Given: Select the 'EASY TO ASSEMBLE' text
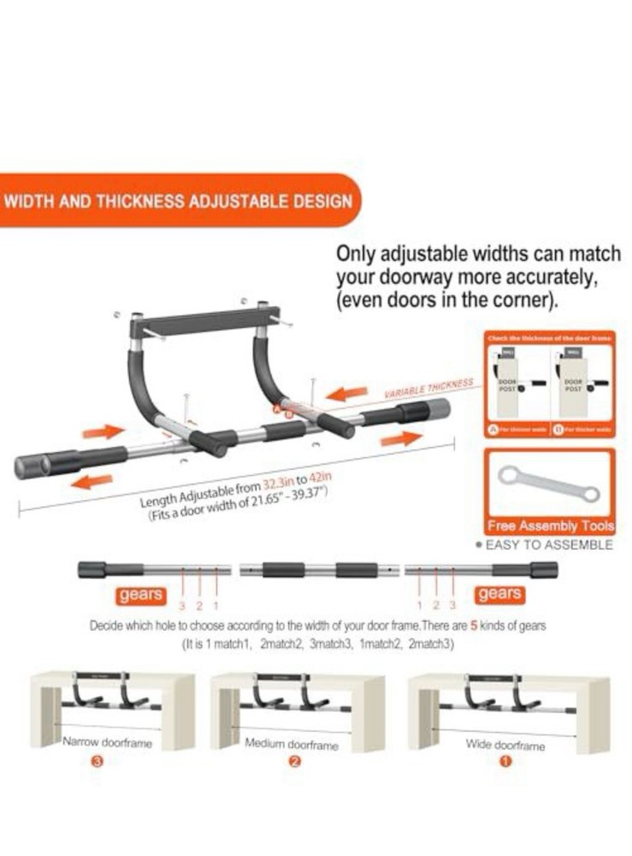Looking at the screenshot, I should click(x=549, y=544).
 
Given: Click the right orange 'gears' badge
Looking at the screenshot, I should click(x=499, y=593).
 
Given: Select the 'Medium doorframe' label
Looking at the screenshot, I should click(x=292, y=745).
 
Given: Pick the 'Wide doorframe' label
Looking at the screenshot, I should click(x=505, y=746).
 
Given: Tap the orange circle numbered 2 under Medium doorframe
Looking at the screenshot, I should click(x=294, y=762).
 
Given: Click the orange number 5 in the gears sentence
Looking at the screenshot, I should click(x=474, y=626).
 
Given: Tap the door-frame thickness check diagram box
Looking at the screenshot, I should click(x=549, y=385).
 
